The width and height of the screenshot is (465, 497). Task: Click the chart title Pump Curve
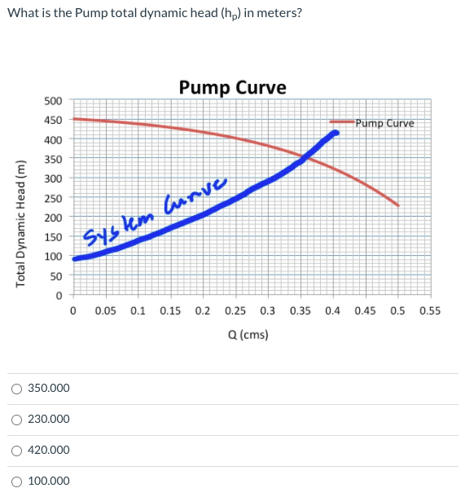pyautogui.click(x=232, y=87)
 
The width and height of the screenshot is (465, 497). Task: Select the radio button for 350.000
pyautogui.click(x=16, y=389)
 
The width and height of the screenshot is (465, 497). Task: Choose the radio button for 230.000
pyautogui.click(x=16, y=420)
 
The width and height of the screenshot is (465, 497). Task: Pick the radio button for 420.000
pyautogui.click(x=16, y=451)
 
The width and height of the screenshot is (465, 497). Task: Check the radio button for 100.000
pyautogui.click(x=16, y=482)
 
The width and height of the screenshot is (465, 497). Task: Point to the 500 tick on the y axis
pyautogui.click(x=53, y=100)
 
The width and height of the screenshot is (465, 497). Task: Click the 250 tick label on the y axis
pyautogui.click(x=53, y=198)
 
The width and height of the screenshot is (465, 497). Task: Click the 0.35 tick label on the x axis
pyautogui.click(x=300, y=310)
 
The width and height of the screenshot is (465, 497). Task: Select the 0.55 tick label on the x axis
pyautogui.click(x=430, y=310)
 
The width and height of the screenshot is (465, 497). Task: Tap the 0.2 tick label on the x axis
pyautogui.click(x=203, y=310)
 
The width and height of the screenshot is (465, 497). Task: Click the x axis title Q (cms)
pyautogui.click(x=248, y=335)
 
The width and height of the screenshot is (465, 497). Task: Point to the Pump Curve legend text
pyautogui.click(x=384, y=124)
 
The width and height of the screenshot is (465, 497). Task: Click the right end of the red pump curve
pyautogui.click(x=398, y=205)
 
